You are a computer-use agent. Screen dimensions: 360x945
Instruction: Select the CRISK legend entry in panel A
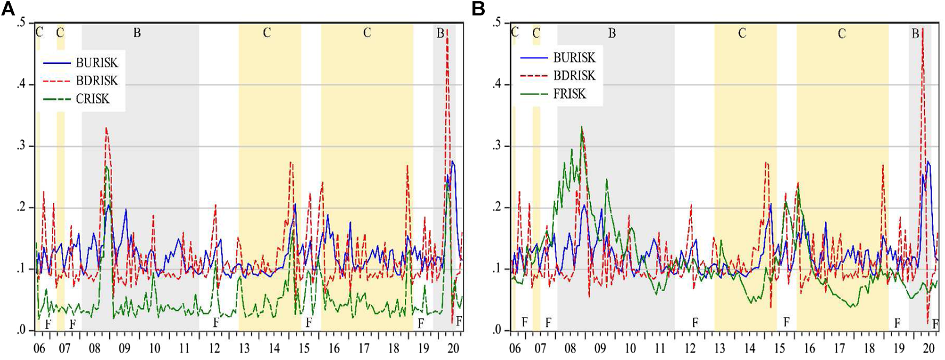point(92,99)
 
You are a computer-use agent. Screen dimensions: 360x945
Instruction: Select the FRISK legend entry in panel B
point(569,94)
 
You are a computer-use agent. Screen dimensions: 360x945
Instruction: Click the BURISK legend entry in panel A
point(97,63)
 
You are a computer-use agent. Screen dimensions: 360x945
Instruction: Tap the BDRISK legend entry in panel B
point(574,76)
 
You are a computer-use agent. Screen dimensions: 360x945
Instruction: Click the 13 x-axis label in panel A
point(244,348)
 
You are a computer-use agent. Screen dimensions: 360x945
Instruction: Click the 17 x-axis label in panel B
point(839,348)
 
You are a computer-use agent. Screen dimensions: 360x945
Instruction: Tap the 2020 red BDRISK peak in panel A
point(447,31)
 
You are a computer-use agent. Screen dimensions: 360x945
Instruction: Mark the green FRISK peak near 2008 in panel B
point(581,127)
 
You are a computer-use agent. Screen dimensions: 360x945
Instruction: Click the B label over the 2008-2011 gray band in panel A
point(137,33)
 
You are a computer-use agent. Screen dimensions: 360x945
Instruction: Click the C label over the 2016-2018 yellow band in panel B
point(842,34)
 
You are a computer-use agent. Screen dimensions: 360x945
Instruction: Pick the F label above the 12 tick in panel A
point(216,322)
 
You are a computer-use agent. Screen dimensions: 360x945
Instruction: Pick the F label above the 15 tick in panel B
point(786,322)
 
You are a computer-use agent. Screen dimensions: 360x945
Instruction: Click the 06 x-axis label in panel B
point(515,348)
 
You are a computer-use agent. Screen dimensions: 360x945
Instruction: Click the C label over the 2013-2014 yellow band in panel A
point(267,33)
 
